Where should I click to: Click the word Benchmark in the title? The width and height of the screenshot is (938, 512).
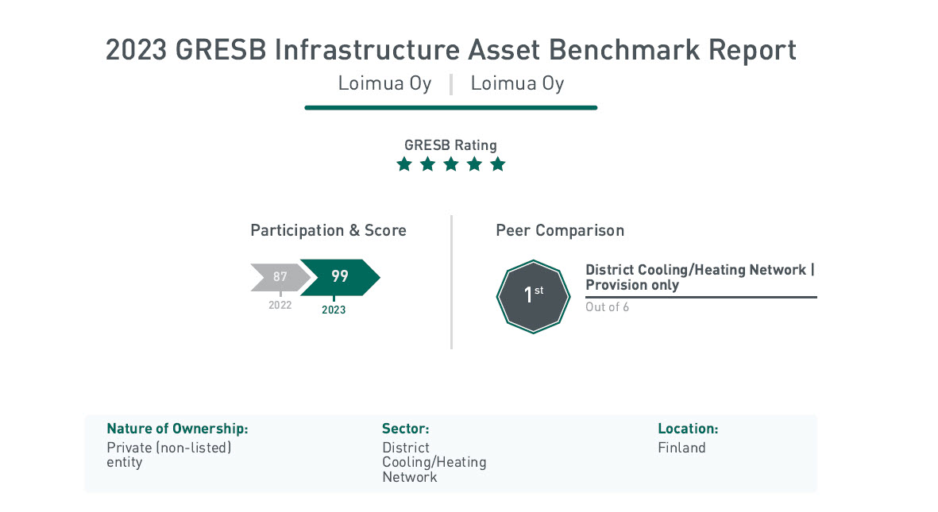coord(624,50)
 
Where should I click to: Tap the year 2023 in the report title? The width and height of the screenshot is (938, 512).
coord(136,50)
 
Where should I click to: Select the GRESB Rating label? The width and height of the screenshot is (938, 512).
coord(450,145)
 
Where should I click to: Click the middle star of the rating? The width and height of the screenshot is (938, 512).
coord(451,164)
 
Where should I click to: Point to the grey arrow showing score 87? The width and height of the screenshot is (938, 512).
coord(280,277)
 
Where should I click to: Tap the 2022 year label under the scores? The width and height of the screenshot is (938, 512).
coord(280,305)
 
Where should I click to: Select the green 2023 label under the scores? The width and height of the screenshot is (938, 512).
coord(334,310)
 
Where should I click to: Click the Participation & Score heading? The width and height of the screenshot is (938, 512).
coord(329,230)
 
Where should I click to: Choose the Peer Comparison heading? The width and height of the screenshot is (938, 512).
coord(560,230)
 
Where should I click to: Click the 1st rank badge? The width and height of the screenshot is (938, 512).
coord(533,296)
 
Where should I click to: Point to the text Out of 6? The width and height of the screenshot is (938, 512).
coord(607,307)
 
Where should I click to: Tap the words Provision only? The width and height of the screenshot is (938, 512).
coord(632,285)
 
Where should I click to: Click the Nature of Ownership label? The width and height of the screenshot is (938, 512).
coord(177,429)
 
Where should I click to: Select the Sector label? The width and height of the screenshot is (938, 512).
coord(406,429)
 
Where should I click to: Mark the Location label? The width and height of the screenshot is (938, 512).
coord(688,429)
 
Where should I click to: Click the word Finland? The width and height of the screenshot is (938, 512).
coord(682,448)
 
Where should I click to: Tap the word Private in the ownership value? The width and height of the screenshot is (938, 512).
coord(129,448)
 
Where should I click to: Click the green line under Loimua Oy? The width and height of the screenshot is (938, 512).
coord(451,108)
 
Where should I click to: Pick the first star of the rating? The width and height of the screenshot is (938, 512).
coord(404,164)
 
